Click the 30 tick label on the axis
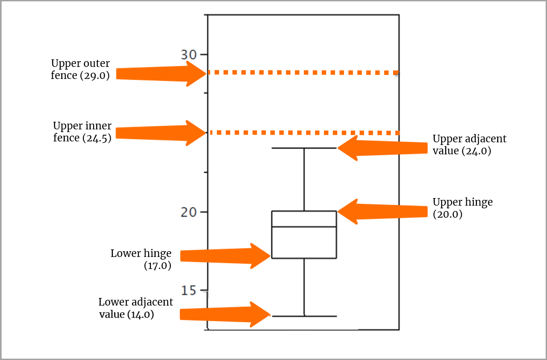188,55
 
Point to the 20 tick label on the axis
189,212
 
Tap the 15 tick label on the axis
189,290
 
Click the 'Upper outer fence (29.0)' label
80,70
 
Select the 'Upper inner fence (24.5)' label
82,132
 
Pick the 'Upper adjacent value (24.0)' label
469,145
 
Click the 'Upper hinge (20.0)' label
463,208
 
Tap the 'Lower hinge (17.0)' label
141,260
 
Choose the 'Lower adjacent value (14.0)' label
136,308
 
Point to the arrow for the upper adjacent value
384,148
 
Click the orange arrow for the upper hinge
384,211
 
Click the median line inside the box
304,227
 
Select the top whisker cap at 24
304,148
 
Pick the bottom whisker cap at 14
304,316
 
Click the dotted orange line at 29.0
303,72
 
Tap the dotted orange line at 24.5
303,132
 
